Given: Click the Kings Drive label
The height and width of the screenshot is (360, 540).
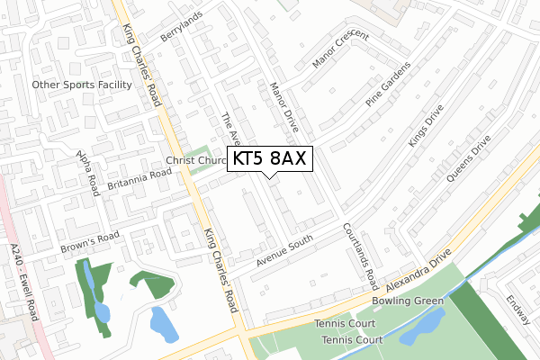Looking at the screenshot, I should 426,128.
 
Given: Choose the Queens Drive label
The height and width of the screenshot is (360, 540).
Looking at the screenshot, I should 468,159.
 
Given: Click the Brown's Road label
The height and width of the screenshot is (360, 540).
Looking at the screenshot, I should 89,242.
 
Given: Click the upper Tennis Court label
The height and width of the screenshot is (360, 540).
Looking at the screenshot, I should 344,323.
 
